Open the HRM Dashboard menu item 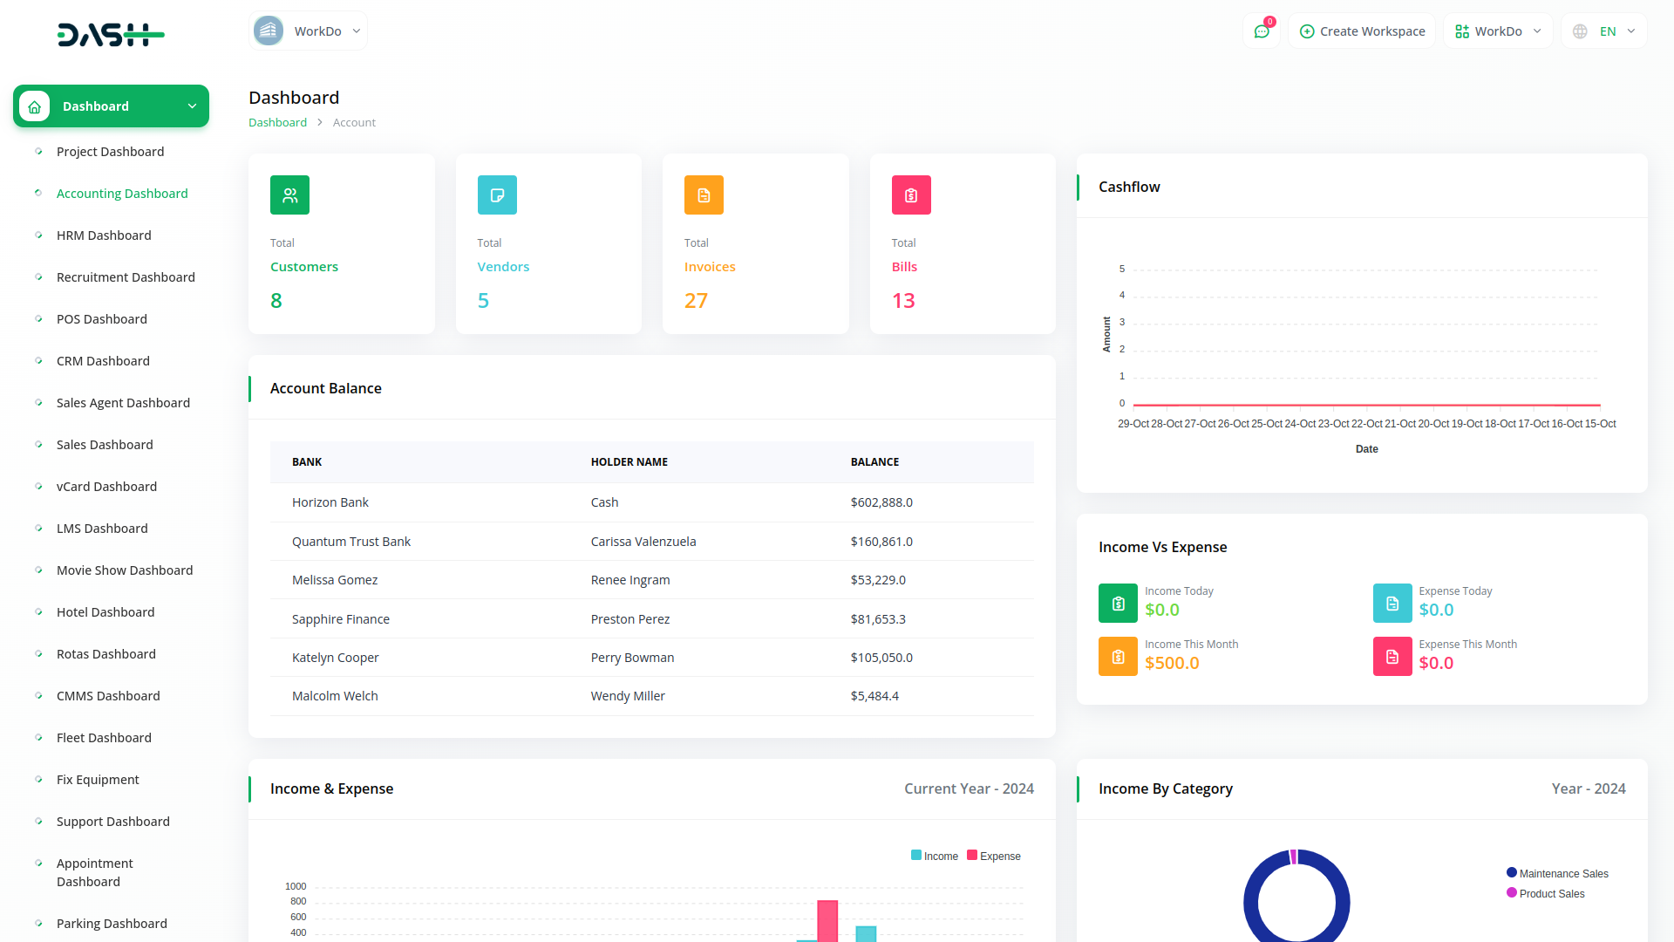[104, 235]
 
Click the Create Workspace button [1362, 31]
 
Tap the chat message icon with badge [1261, 31]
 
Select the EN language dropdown [1605, 31]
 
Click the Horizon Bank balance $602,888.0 [881, 502]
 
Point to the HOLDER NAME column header [629, 462]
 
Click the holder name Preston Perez [629, 619]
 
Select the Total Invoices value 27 [696, 301]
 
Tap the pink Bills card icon [910, 195]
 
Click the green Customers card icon [289, 195]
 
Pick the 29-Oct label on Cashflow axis [1133, 424]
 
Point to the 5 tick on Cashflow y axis [1122, 269]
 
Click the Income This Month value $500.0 [1172, 663]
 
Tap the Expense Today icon [1392, 603]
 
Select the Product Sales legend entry [1550, 894]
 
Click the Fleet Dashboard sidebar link [104, 738]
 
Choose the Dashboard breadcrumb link [277, 123]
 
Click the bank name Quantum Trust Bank [350, 542]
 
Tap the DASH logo [111, 35]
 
